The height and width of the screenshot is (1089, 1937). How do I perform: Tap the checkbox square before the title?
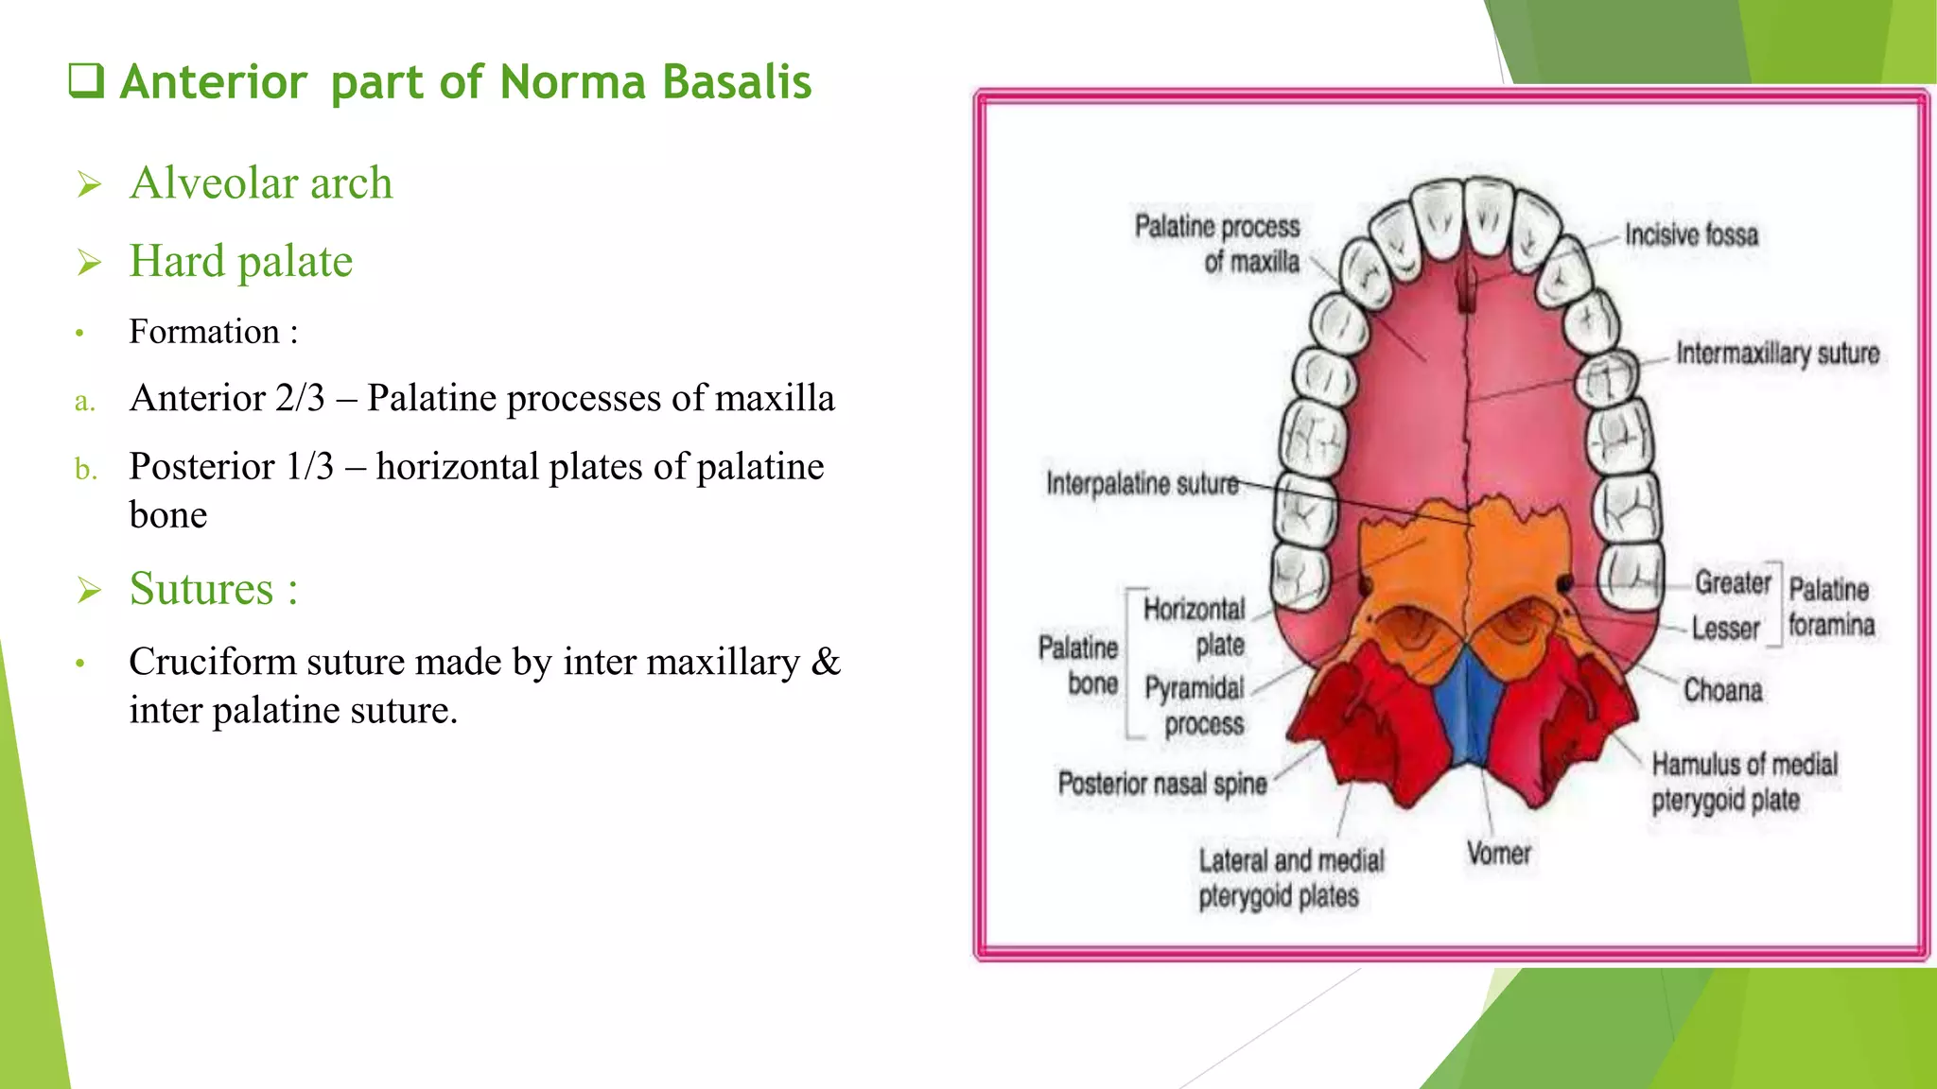(x=86, y=81)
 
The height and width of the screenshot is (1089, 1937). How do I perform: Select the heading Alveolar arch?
(x=261, y=182)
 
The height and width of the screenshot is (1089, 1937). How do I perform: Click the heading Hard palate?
(x=241, y=261)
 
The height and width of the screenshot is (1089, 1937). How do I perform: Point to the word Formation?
(x=204, y=332)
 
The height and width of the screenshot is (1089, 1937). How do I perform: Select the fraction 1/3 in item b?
(x=310, y=467)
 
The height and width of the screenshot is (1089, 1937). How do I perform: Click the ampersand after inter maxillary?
(x=825, y=662)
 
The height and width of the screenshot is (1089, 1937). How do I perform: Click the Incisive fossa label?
(x=1691, y=234)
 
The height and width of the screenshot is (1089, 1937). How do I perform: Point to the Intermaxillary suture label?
(x=1777, y=354)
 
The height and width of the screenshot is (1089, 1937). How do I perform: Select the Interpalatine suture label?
(x=1142, y=484)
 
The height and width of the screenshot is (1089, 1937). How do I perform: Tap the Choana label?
(x=1722, y=690)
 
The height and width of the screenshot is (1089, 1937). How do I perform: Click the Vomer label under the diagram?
(x=1499, y=854)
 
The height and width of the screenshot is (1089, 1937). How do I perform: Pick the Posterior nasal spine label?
(x=1161, y=784)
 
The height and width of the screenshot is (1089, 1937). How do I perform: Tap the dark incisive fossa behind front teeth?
(x=1467, y=291)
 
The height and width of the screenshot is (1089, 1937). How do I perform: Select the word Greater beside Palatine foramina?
(x=1732, y=582)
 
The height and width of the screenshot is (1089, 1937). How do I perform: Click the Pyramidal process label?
(x=1195, y=706)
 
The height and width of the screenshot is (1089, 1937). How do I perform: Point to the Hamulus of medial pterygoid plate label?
(x=1743, y=782)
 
